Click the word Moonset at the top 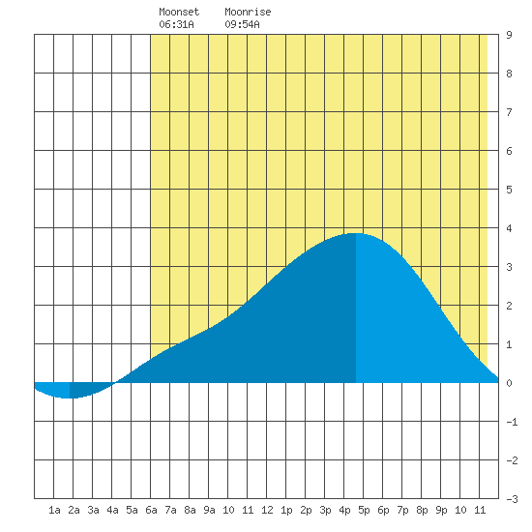pyautogui.click(x=179, y=12)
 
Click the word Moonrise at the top pyautogui.click(x=248, y=12)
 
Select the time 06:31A pyautogui.click(x=176, y=24)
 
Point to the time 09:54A pyautogui.click(x=242, y=24)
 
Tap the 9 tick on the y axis pyautogui.click(x=509, y=35)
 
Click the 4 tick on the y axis pyautogui.click(x=509, y=228)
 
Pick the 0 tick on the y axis pyautogui.click(x=509, y=383)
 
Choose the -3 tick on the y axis pyautogui.click(x=512, y=499)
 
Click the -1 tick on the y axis pyautogui.click(x=512, y=422)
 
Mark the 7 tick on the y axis pyautogui.click(x=509, y=112)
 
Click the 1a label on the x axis pyautogui.click(x=54, y=510)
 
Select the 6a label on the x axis pyautogui.click(x=151, y=510)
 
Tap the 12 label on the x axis pyautogui.click(x=267, y=510)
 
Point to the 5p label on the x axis pyautogui.click(x=364, y=510)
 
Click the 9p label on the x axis pyautogui.click(x=441, y=510)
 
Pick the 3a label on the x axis pyautogui.click(x=93, y=510)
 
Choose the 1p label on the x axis pyautogui.click(x=286, y=510)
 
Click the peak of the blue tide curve pyautogui.click(x=356, y=233)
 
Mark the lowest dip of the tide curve pyautogui.click(x=69, y=398)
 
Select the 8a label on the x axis pyautogui.click(x=190, y=510)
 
